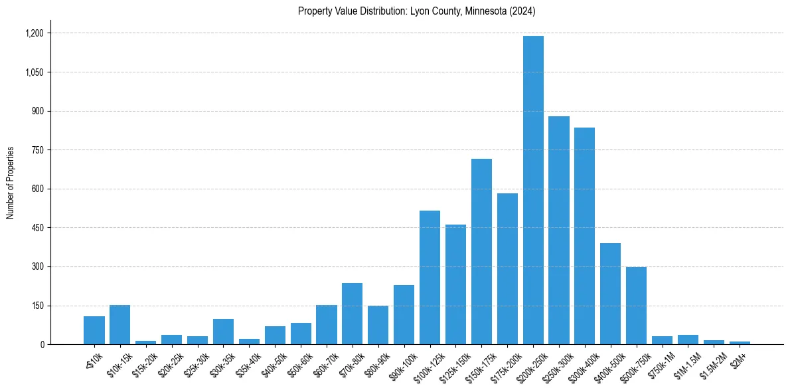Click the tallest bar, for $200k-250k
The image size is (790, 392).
tap(533, 190)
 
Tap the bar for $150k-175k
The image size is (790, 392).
tap(481, 252)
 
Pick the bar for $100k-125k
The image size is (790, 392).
tap(430, 278)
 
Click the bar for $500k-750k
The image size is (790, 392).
tap(636, 306)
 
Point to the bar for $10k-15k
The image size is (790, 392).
tap(119, 325)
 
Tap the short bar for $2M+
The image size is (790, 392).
tap(740, 343)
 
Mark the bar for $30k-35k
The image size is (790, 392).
tap(223, 332)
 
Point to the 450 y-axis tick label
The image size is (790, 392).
tap(37, 228)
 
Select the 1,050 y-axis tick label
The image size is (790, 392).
tap(35, 72)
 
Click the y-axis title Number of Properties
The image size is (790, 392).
tap(10, 183)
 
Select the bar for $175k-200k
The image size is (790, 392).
tap(507, 269)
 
